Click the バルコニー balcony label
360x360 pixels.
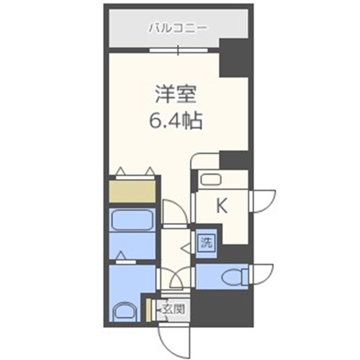[178, 28]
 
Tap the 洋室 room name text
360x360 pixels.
[175, 94]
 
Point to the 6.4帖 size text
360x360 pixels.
[175, 120]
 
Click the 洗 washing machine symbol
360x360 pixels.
[207, 242]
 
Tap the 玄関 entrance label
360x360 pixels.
[174, 309]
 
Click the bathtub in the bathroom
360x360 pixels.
[132, 220]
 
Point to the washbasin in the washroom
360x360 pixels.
[125, 312]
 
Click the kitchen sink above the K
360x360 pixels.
[211, 179]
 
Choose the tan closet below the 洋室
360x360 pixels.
[132, 191]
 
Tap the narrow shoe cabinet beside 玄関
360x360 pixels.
[148, 310]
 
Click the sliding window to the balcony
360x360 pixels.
[178, 50]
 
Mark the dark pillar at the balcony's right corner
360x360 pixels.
[234, 58]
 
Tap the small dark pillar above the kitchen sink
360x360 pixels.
[234, 160]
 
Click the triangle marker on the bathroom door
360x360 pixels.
[121, 255]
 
